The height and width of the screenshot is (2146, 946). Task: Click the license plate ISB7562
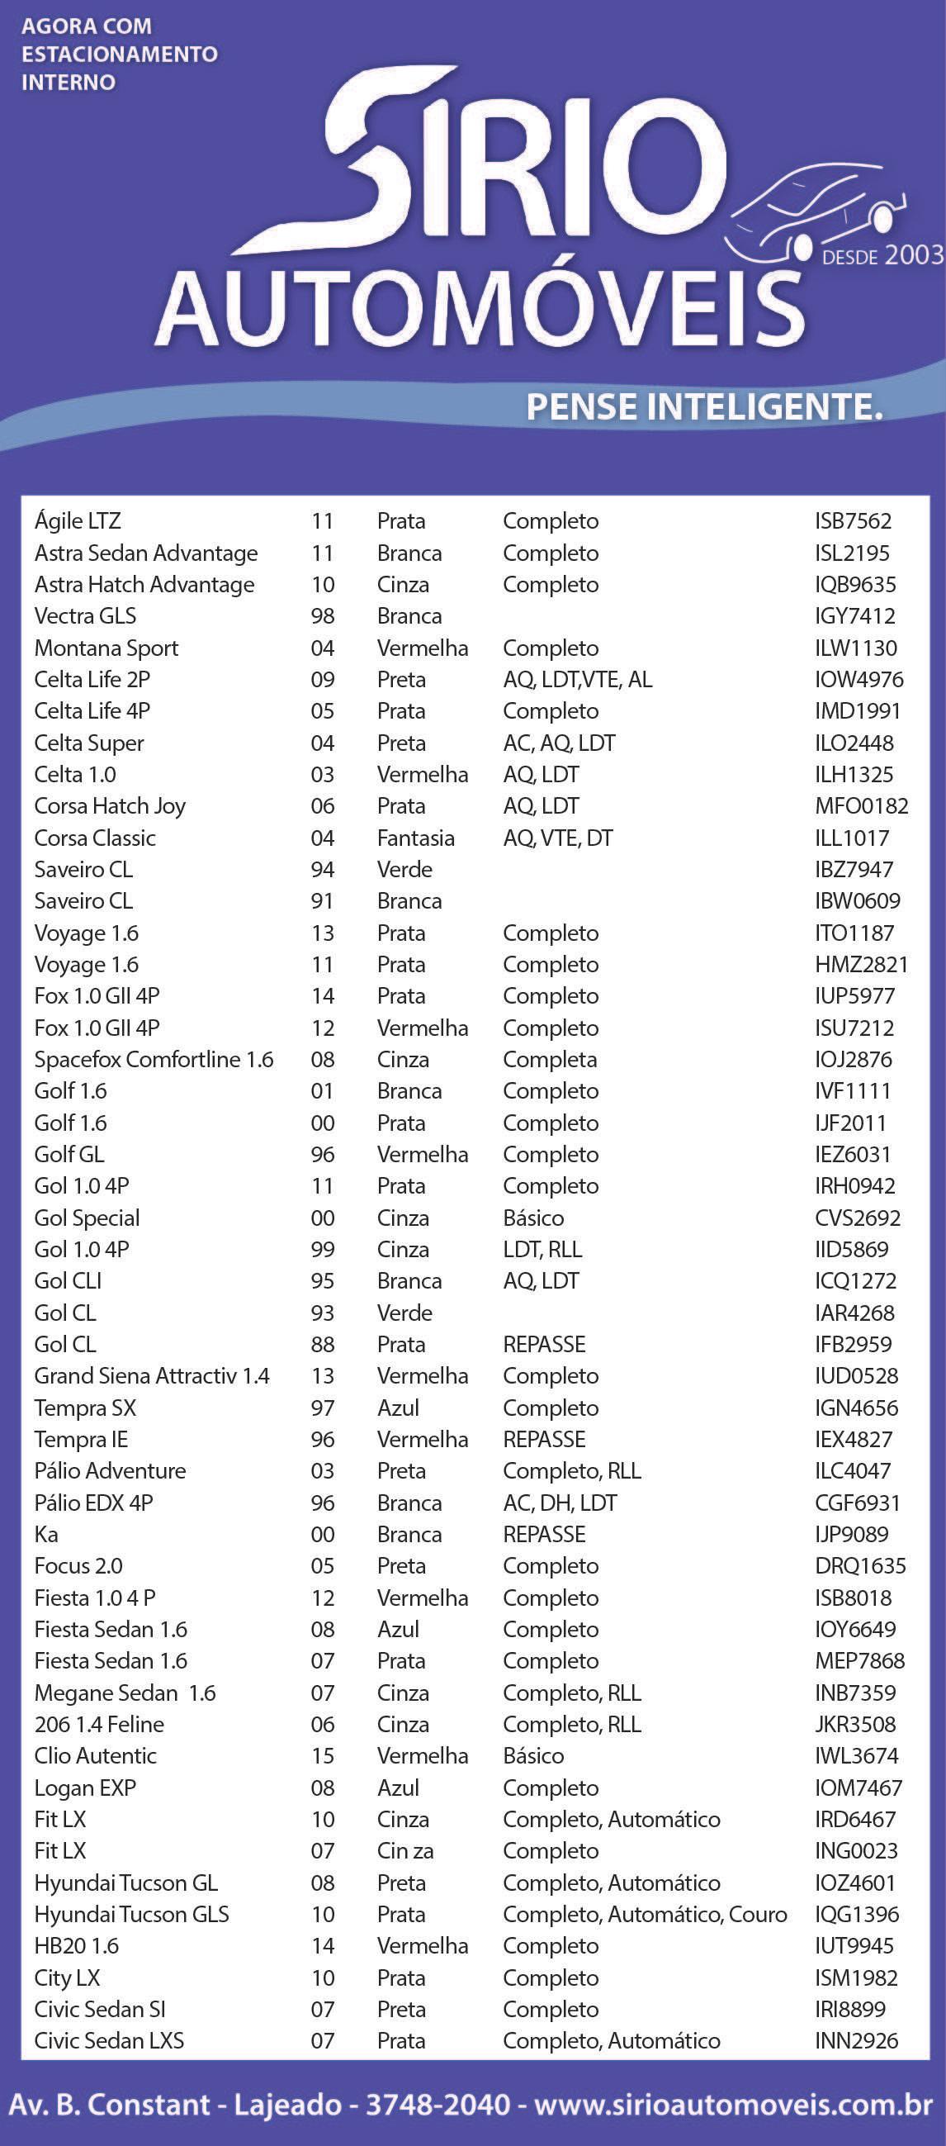(853, 521)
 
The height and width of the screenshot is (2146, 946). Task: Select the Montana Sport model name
(106, 648)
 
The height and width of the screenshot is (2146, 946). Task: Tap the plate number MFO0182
(861, 806)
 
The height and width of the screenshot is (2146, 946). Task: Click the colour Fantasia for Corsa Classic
(415, 838)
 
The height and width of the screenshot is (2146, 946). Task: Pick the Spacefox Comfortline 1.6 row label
(154, 1060)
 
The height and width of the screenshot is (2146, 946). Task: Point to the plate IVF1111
(853, 1091)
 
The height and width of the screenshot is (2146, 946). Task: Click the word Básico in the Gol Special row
(533, 1218)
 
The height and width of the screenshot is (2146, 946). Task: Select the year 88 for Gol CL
(322, 1345)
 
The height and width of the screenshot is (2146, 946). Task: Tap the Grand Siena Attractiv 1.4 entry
(152, 1376)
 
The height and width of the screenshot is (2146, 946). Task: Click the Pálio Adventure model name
(110, 1471)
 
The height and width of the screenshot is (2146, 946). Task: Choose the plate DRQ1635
(860, 1566)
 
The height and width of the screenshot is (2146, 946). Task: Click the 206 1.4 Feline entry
(99, 1725)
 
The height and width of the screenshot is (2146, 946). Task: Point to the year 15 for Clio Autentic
(322, 1756)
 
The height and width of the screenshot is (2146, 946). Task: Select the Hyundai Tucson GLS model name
(131, 1915)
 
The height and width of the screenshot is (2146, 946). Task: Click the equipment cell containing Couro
(645, 1915)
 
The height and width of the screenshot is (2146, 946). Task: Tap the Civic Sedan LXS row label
(109, 2041)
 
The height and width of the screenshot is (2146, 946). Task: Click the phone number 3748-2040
(438, 2106)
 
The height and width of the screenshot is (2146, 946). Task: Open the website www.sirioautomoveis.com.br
(733, 2106)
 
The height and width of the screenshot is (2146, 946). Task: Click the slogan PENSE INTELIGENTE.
(703, 407)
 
